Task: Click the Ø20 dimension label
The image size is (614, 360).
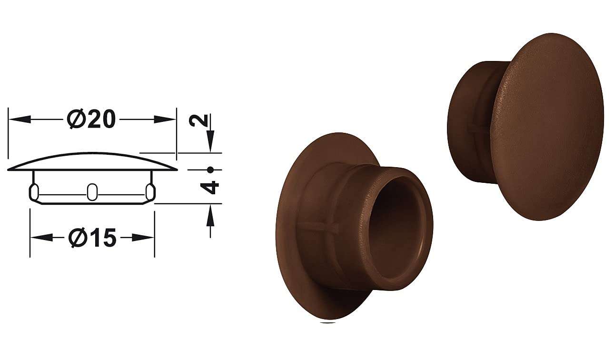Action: tap(91, 120)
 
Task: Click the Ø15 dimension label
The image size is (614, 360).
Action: tap(92, 238)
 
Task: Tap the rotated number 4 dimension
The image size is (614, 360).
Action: tap(210, 187)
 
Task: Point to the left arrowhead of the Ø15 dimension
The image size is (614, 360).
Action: tap(41, 238)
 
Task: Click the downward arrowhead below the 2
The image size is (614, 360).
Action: tap(210, 141)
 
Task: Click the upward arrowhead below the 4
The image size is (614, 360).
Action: tap(210, 215)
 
